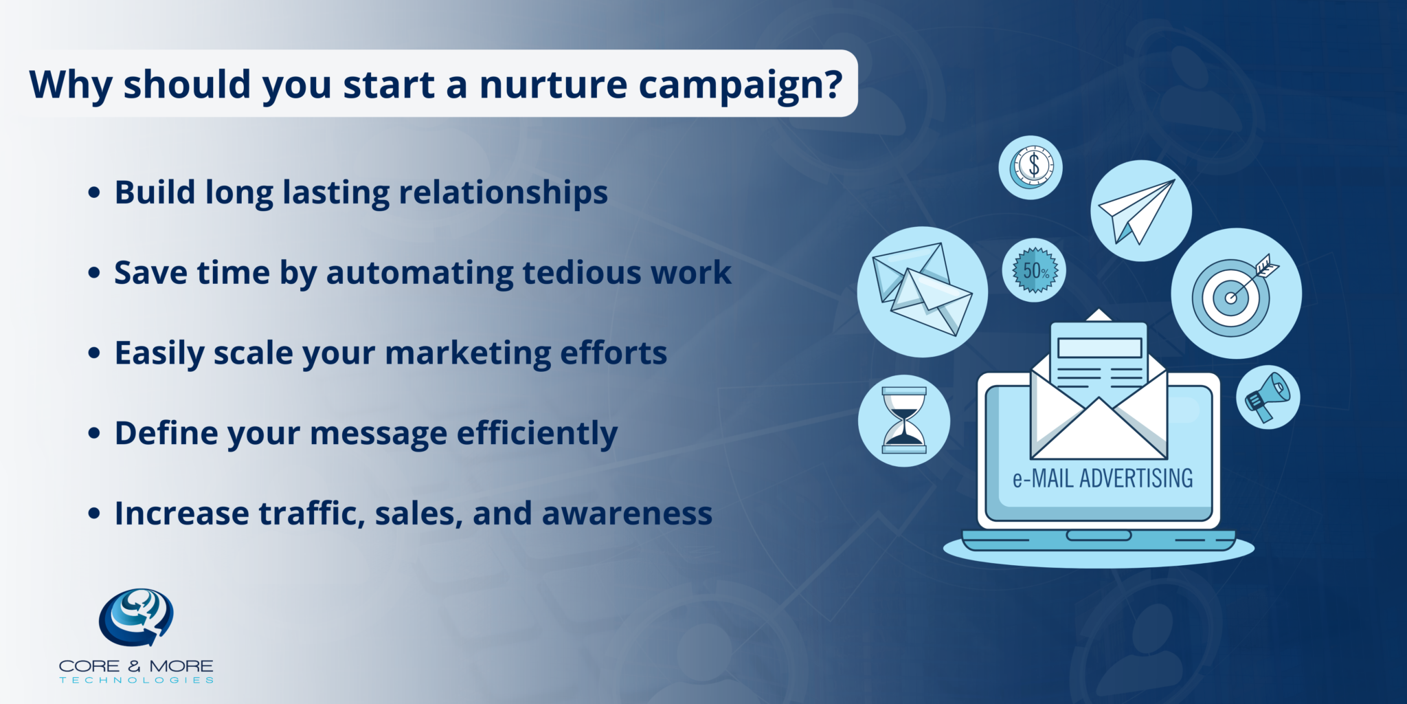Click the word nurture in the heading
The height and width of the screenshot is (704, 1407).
pos(553,85)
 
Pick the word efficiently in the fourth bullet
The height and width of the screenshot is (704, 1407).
pos(537,434)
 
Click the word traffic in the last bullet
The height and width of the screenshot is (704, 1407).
pos(311,514)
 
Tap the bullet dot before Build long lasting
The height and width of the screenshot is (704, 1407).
pos(94,192)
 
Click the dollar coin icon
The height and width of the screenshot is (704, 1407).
pos(1031,167)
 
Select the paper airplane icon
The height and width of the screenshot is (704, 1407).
pos(1140,210)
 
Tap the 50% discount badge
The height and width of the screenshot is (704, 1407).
pos(1035,270)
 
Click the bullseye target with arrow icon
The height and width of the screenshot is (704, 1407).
pos(1235,294)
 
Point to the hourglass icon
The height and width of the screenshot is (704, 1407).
pos(904,420)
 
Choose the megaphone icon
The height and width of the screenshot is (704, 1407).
pos(1268,397)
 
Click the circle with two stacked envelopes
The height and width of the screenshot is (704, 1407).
pos(922,291)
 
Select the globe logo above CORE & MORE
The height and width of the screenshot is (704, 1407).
pos(136,617)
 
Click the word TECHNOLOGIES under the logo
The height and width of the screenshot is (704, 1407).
pos(136,680)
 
